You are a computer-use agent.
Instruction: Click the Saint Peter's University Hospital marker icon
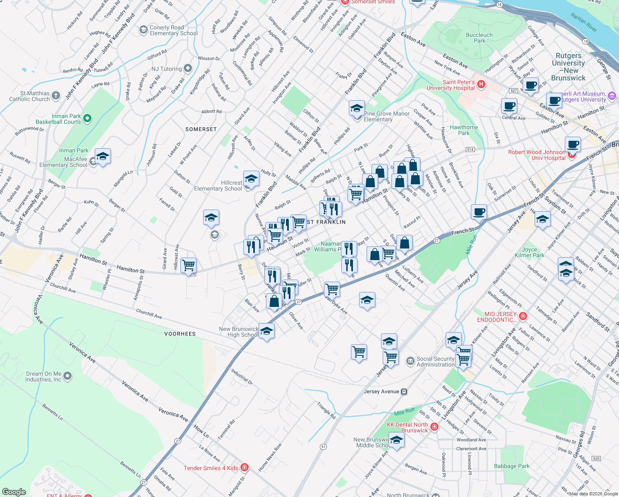pos(481,84)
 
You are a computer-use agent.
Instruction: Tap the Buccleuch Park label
pos(479,38)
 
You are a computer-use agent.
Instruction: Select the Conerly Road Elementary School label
pos(173,30)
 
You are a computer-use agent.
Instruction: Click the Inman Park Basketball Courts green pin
pos(87,119)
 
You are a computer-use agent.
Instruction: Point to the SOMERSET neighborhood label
pos(201,129)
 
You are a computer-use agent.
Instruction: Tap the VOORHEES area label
pos(180,334)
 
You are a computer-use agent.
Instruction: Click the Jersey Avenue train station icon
pos(404,391)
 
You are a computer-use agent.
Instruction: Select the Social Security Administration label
pos(435,362)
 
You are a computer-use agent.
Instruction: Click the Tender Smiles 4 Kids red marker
pos(245,468)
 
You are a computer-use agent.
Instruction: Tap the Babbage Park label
pos(511,466)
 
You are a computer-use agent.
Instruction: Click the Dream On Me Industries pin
pos(67,376)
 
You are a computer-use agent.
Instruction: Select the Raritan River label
pos(583,22)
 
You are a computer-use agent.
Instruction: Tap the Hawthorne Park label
pos(463,130)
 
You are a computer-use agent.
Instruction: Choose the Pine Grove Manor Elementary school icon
pos(357,109)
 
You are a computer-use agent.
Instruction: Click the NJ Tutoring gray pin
pos(188,68)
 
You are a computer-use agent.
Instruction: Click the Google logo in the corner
pos(14,492)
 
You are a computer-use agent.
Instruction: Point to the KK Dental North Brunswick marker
pos(434,427)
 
